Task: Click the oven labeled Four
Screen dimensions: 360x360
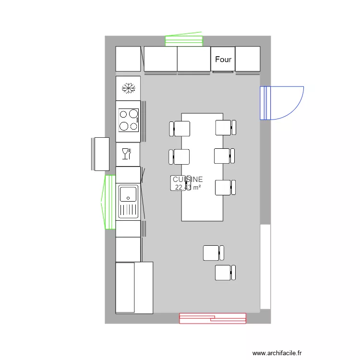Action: coord(223,60)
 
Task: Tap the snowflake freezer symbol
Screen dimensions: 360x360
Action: coord(128,88)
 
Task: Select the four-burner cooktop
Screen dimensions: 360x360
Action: coord(129,120)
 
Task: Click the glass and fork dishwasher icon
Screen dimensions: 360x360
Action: coord(128,154)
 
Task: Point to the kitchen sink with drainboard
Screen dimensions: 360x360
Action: coord(129,202)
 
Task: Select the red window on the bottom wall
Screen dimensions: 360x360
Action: coord(213,318)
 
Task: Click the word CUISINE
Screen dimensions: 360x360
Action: coord(188,179)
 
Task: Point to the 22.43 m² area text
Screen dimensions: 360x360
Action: coord(188,187)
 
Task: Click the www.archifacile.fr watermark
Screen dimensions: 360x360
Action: coord(277,353)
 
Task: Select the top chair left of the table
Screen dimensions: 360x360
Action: coord(180,129)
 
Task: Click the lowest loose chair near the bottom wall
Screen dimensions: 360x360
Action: coord(225,273)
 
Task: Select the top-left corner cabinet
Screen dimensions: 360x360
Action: coord(128,59)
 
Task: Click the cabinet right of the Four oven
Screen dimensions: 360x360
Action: coord(248,59)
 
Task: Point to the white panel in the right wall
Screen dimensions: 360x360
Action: coord(265,266)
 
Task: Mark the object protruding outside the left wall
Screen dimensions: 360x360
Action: coord(101,154)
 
